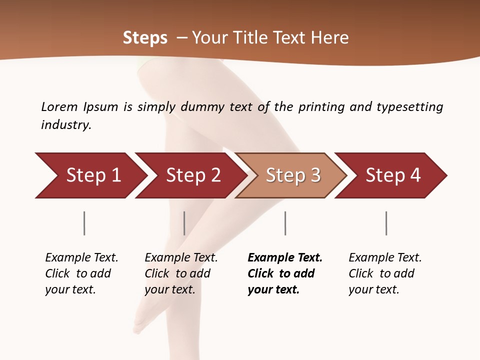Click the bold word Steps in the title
click(x=145, y=38)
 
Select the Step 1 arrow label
click(x=93, y=175)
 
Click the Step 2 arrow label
click(x=193, y=175)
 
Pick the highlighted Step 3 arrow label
click(x=293, y=175)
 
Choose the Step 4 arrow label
click(x=393, y=175)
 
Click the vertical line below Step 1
click(x=84, y=223)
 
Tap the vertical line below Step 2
click(x=184, y=223)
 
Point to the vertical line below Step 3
click(x=285, y=223)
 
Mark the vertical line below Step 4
click(x=386, y=223)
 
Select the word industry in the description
click(x=66, y=125)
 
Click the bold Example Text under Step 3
click(x=285, y=258)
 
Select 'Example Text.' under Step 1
click(x=81, y=258)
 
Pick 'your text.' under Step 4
click(x=373, y=290)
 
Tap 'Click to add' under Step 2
click(x=177, y=274)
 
